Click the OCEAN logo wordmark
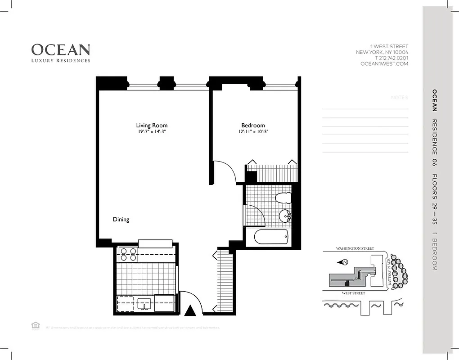click(x=61, y=49)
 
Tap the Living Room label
click(x=152, y=125)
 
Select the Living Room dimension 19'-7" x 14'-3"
click(x=152, y=132)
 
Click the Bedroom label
click(x=253, y=125)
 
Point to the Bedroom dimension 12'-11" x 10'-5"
click(x=253, y=132)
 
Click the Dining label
click(x=121, y=220)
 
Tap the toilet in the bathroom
click(x=282, y=198)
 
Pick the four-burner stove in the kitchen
click(x=128, y=255)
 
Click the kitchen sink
click(x=144, y=303)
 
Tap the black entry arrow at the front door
click(x=190, y=310)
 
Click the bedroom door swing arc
click(x=228, y=171)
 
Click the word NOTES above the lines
click(x=399, y=98)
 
